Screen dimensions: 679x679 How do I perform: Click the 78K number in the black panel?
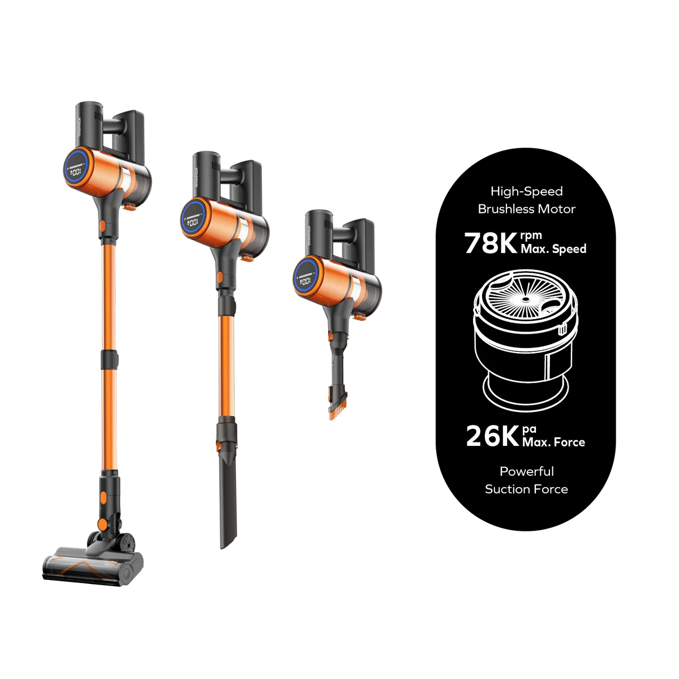pos(491,243)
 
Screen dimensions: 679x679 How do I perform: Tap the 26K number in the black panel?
pos(492,436)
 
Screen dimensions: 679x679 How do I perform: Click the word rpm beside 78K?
pos(531,235)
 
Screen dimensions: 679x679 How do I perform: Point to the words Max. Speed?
pos(553,249)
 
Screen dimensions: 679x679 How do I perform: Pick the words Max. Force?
pos(553,442)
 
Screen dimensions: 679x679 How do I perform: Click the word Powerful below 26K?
pos(527,471)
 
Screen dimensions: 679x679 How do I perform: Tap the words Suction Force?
pos(526,489)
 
